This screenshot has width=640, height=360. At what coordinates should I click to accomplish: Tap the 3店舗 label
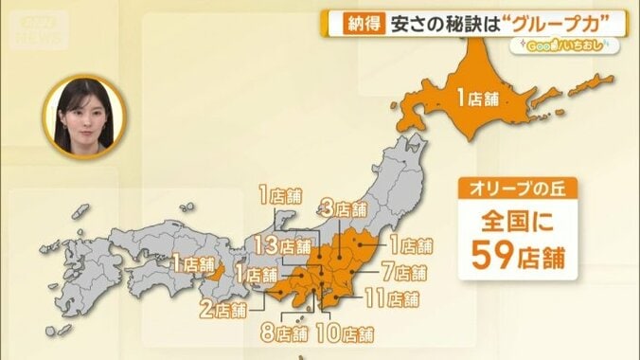coord(343,208)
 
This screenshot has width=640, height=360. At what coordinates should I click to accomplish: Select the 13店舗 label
coord(281,246)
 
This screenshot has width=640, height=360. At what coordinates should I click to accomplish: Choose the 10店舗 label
coord(345,333)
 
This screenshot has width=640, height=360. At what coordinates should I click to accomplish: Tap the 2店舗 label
coord(223,308)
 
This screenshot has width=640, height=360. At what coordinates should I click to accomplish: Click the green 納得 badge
coord(357,22)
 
